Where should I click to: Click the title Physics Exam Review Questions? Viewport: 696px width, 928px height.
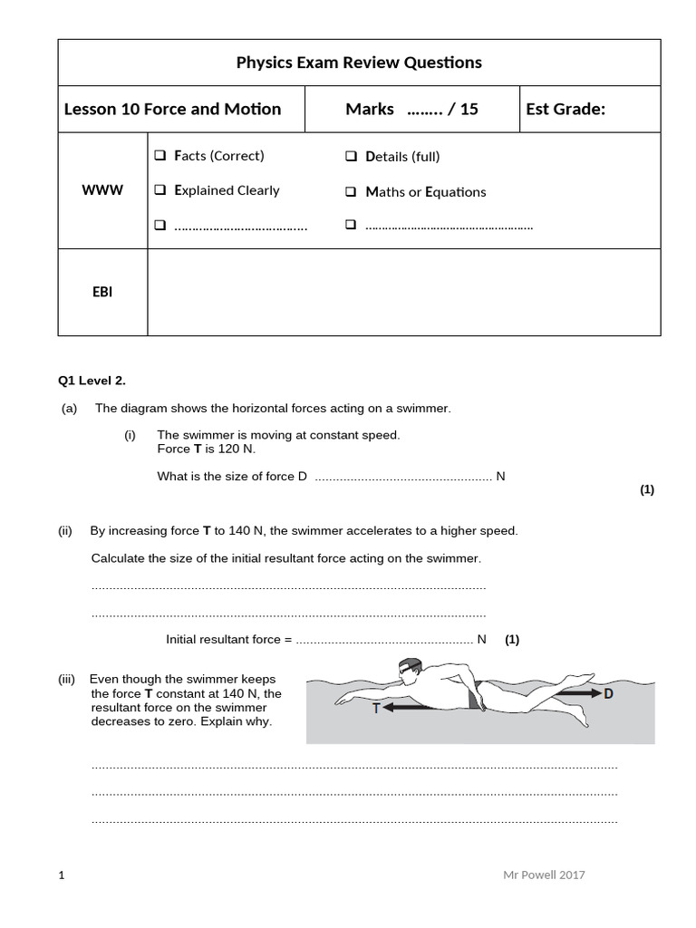click(x=359, y=63)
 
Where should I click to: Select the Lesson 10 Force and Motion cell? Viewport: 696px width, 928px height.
click(x=173, y=110)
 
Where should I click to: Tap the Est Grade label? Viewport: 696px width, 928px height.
click(x=565, y=110)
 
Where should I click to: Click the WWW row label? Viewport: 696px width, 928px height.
click(x=102, y=190)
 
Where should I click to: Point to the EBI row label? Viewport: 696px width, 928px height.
click(x=102, y=292)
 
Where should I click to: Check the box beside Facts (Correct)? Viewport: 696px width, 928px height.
click(x=160, y=157)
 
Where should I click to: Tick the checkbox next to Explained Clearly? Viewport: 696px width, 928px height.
click(x=160, y=191)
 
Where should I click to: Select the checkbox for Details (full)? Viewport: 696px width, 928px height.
click(x=352, y=157)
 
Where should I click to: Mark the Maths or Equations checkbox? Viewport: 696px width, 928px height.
click(x=352, y=192)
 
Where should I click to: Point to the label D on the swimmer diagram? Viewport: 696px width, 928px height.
click(x=608, y=694)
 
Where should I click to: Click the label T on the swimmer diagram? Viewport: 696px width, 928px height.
click(x=375, y=710)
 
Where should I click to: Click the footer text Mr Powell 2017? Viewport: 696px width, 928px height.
click(x=544, y=875)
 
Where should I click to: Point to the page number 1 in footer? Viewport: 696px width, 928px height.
click(x=62, y=875)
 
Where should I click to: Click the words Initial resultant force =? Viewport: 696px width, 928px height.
click(x=229, y=639)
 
